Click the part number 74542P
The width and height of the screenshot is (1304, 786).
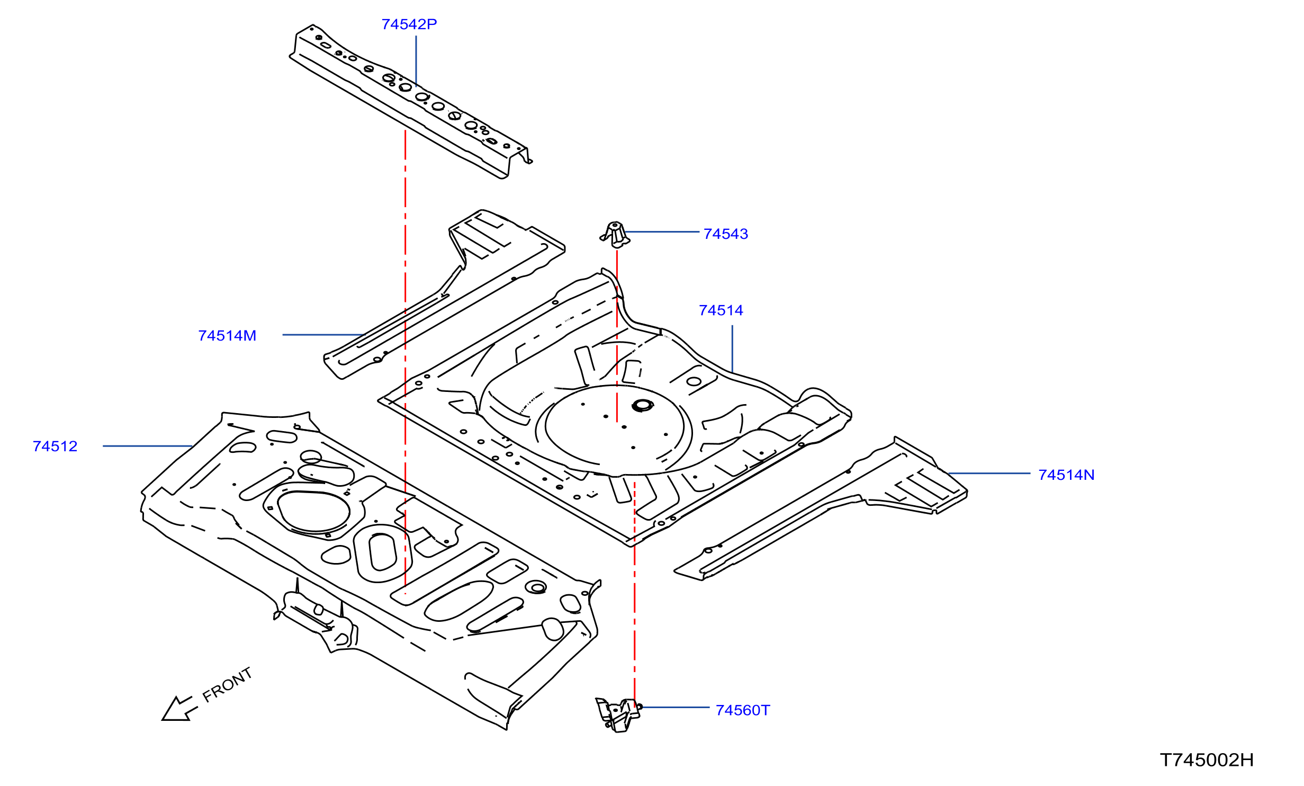coord(409,24)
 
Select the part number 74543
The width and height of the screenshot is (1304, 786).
coord(726,234)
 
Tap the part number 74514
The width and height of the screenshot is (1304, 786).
coord(721,310)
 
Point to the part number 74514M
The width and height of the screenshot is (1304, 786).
coord(227,336)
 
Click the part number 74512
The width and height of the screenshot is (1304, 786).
coord(55,446)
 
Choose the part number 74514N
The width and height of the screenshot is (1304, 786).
coord(1066,475)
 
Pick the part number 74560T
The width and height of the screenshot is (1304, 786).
coord(743,710)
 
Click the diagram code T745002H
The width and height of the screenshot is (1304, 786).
coord(1207,760)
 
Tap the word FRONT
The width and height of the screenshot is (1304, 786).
coord(228,684)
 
